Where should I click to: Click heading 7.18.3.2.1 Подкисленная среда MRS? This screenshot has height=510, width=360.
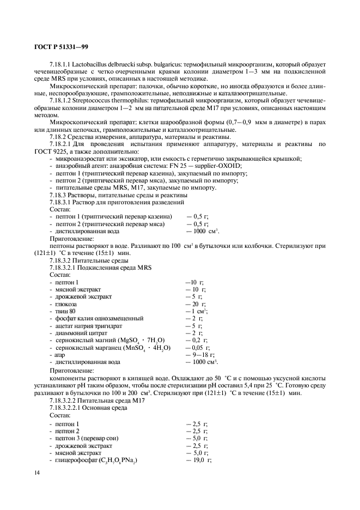point(101,267)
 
